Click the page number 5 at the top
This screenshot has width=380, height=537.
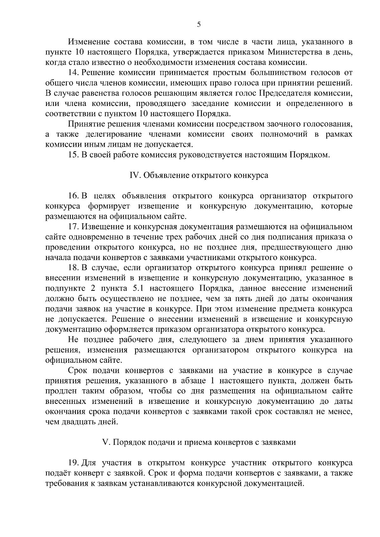(199, 25)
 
